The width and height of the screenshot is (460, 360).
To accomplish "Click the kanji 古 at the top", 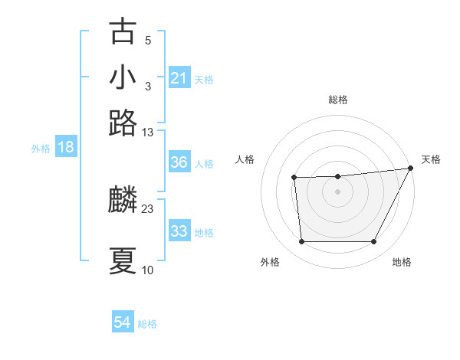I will pyautogui.click(x=123, y=32).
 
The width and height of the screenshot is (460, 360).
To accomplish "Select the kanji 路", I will pyautogui.click(x=123, y=123).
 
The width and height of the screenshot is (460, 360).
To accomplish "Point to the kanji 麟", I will pyautogui.click(x=123, y=201).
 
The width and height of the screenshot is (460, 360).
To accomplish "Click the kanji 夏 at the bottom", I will pyautogui.click(x=123, y=261).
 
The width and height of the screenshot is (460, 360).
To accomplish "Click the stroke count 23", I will pyautogui.click(x=148, y=208).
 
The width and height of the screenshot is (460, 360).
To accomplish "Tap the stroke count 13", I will pyautogui.click(x=148, y=132).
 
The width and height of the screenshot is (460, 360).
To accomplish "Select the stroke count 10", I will pyautogui.click(x=148, y=270).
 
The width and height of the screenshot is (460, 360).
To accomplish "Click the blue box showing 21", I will pyautogui.click(x=179, y=78).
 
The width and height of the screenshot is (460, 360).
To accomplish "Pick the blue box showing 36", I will pyautogui.click(x=179, y=162).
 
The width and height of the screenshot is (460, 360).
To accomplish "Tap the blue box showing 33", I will pyautogui.click(x=179, y=231).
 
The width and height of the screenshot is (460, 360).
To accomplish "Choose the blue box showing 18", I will pyautogui.click(x=65, y=147).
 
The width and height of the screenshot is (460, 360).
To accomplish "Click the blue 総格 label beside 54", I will pyautogui.click(x=148, y=324).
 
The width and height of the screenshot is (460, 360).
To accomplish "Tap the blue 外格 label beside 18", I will pyautogui.click(x=41, y=149).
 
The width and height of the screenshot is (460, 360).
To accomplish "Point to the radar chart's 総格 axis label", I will pyautogui.click(x=337, y=100).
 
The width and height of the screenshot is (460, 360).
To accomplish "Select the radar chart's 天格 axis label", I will pyautogui.click(x=431, y=159).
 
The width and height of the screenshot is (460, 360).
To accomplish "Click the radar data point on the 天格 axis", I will pyautogui.click(x=411, y=169).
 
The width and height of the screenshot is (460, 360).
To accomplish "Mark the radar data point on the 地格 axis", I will pyautogui.click(x=374, y=242).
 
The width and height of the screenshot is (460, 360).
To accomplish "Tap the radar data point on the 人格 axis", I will pyautogui.click(x=294, y=178).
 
